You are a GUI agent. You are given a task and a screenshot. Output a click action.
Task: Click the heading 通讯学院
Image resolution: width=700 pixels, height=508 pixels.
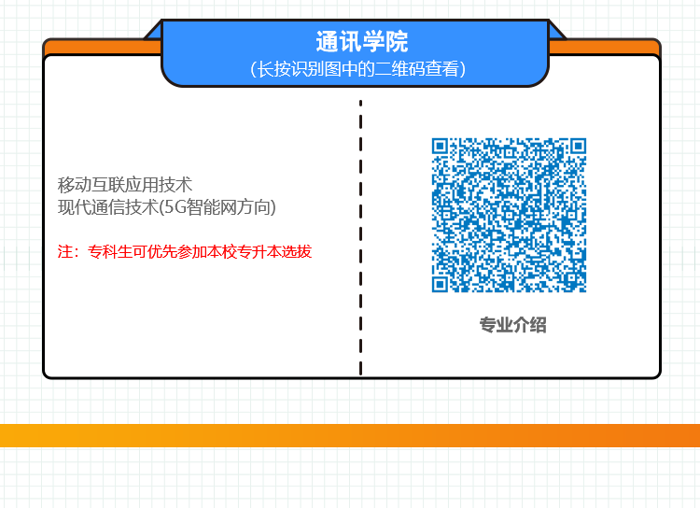point(362,42)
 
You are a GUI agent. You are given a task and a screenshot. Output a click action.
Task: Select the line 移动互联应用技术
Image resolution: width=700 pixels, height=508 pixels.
point(124,184)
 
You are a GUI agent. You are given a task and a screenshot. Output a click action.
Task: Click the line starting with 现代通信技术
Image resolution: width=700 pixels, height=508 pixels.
point(167,207)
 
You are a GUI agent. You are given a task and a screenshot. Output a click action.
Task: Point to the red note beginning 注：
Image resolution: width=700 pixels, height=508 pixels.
point(184,252)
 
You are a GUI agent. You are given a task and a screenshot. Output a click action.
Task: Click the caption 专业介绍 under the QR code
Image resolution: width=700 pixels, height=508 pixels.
point(512,325)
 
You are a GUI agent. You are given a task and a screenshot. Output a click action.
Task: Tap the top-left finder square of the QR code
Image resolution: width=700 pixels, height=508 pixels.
point(442,148)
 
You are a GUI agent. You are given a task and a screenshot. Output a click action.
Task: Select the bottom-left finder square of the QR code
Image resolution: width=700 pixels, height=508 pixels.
point(442,282)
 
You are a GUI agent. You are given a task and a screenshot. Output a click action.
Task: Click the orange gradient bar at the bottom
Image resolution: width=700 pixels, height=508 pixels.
point(350,435)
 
